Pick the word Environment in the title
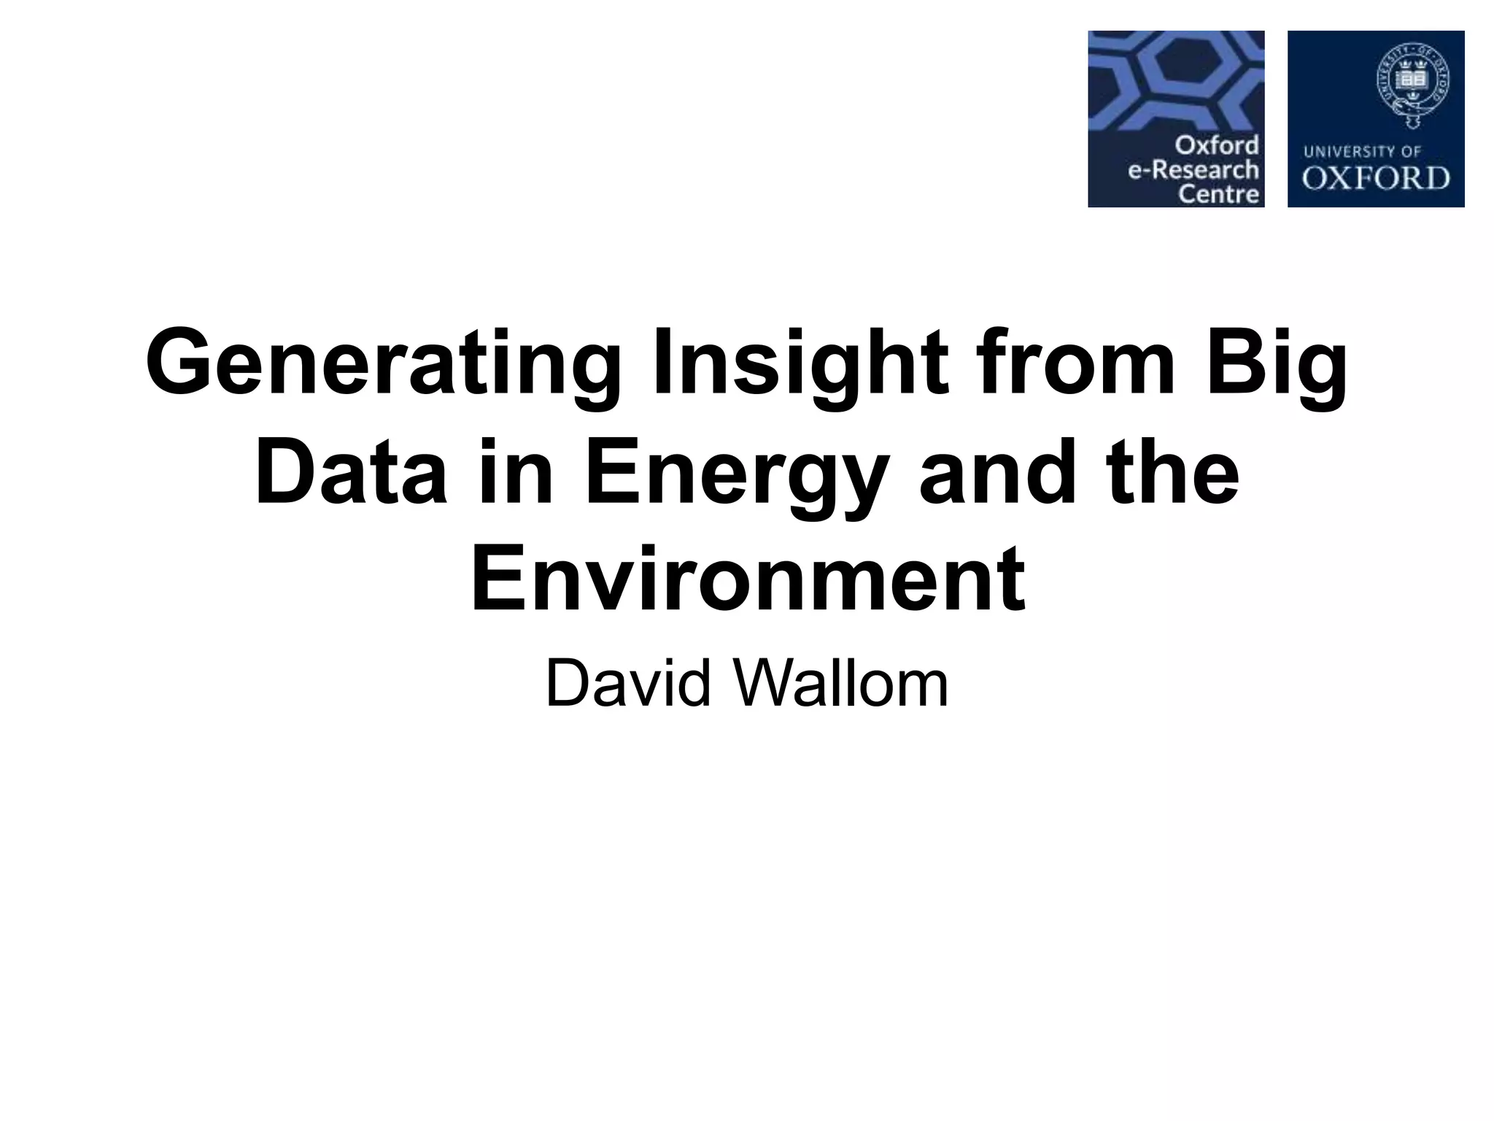click(748, 579)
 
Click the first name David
click(628, 684)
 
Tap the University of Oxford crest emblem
click(1412, 85)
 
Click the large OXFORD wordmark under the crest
click(1376, 179)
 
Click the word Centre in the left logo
click(1219, 194)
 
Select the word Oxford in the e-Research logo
click(1215, 145)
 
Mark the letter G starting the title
click(175, 363)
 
